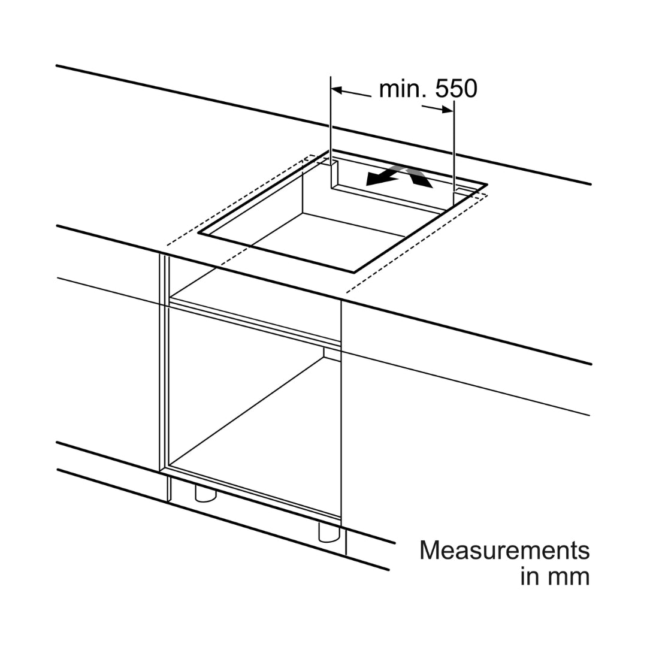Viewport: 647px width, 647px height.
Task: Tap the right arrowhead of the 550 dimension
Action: tap(448, 110)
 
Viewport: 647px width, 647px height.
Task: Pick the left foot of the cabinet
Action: tap(205, 494)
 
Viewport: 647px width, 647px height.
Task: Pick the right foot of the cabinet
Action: tap(329, 533)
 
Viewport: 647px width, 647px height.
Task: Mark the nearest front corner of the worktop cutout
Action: tap(354, 273)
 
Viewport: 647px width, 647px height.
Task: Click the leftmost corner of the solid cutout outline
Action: tap(198, 233)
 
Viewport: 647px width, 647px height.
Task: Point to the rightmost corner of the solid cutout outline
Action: tap(487, 185)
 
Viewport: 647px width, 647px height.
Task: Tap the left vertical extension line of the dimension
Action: tap(331, 132)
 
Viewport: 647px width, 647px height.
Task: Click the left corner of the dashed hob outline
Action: tap(167, 244)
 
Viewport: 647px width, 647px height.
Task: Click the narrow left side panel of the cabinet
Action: tap(164, 362)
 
